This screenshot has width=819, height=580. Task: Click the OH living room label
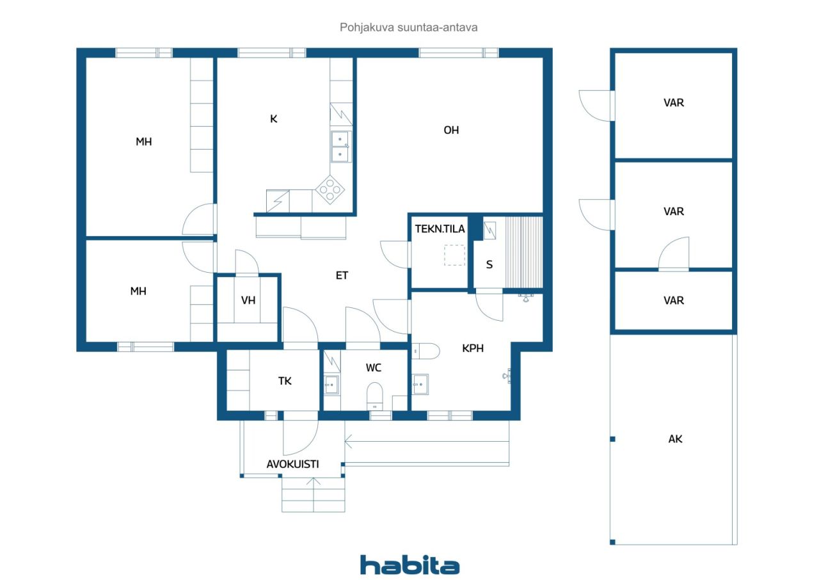451,130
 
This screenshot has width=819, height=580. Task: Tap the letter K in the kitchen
273,118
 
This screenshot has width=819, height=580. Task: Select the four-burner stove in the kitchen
331,189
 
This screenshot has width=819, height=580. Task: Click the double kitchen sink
340,146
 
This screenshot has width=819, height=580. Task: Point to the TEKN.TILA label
440,229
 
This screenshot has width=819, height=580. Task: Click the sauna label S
489,264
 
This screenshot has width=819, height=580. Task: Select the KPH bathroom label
473,349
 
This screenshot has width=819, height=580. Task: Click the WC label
374,367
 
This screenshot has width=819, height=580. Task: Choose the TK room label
285,381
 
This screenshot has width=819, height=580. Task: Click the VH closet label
248,300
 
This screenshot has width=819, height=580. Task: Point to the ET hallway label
342,275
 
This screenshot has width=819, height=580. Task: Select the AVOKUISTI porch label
292,464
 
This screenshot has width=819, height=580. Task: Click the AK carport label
675,439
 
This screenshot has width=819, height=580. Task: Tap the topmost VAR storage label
674,102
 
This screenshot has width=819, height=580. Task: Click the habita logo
409,565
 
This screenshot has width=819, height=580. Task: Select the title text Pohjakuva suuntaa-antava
409,28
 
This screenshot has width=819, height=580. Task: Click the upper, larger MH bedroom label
143,142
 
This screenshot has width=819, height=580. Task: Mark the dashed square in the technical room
455,255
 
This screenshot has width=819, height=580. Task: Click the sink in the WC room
331,385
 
